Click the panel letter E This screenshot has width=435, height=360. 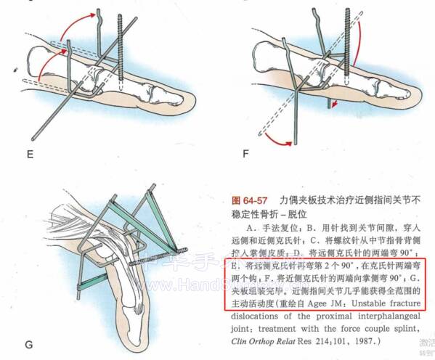tap(30, 155)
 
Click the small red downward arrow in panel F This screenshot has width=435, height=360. tap(334, 107)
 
